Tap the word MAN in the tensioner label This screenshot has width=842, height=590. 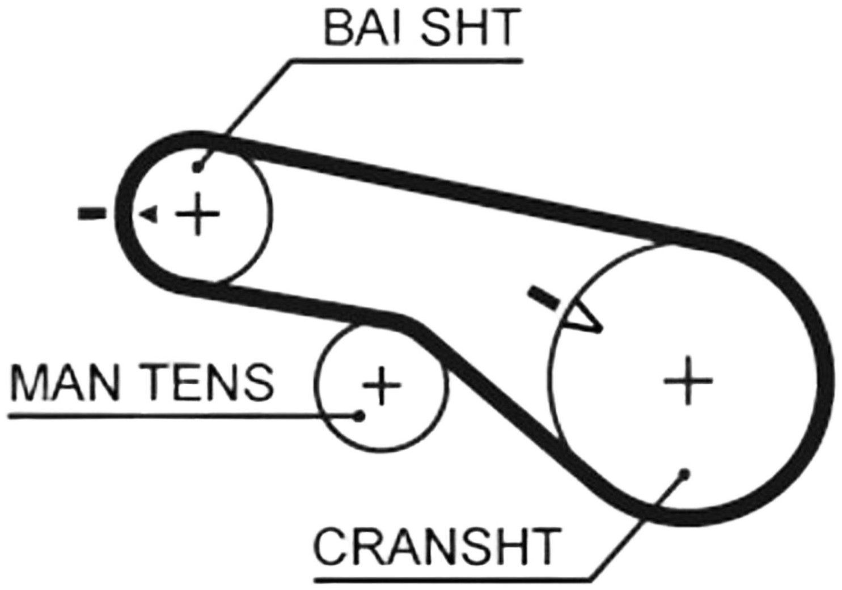[66, 382]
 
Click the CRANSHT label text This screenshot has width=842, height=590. [437, 546]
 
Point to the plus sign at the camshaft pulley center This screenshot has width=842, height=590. [198, 214]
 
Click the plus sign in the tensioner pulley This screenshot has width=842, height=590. [381, 385]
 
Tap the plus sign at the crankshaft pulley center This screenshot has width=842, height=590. [688, 381]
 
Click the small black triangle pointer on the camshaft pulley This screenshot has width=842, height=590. [149, 215]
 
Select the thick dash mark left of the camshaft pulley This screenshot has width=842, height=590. [92, 214]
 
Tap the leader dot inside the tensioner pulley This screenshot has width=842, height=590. [359, 416]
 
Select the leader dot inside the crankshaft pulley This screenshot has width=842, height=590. [685, 473]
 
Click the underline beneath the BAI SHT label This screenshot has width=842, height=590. [408, 61]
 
